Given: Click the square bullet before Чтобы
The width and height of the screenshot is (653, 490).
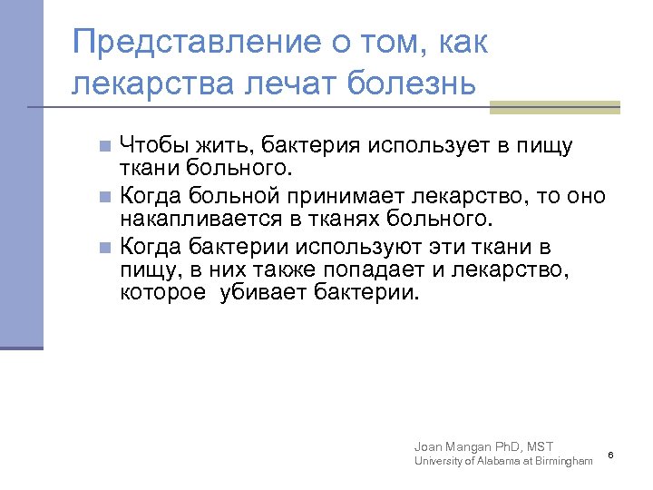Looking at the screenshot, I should pos(105,146).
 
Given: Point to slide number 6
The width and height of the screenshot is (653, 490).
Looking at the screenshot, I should pos(610,454).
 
